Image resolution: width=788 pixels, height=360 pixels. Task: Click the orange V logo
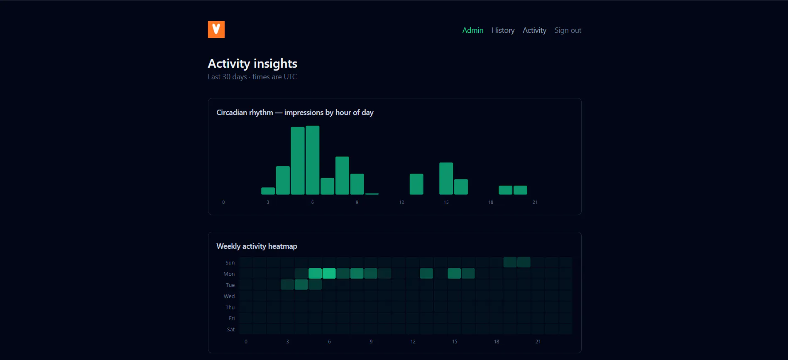tap(216, 29)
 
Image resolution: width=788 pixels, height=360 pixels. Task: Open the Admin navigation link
tap(473, 30)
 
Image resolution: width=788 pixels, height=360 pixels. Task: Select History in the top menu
tap(503, 30)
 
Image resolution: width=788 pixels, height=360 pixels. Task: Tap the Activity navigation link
tap(534, 30)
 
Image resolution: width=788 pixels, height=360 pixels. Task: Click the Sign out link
tap(568, 30)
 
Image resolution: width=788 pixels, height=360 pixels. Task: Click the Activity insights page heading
tap(252, 64)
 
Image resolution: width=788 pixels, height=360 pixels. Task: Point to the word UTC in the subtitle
tap(290, 77)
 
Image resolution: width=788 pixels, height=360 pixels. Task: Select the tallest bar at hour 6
tap(313, 160)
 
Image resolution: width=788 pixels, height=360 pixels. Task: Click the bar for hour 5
tap(298, 161)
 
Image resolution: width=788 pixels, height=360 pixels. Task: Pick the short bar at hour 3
tap(268, 191)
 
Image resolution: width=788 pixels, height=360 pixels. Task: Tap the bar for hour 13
tap(416, 184)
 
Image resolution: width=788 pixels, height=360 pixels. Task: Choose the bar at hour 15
tap(446, 179)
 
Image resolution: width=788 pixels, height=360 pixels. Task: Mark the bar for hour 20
tap(521, 190)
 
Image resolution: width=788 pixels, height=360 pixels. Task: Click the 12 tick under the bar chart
tap(401, 202)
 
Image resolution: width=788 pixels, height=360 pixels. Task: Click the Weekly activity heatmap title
tap(257, 246)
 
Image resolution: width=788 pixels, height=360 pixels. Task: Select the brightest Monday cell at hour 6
tap(329, 273)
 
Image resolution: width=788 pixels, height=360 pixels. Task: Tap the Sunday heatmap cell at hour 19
tap(510, 262)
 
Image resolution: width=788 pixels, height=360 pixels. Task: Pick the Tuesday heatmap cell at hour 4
tap(301, 284)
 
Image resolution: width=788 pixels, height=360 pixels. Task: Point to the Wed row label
tap(229, 296)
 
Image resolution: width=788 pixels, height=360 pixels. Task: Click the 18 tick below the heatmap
tap(497, 342)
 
